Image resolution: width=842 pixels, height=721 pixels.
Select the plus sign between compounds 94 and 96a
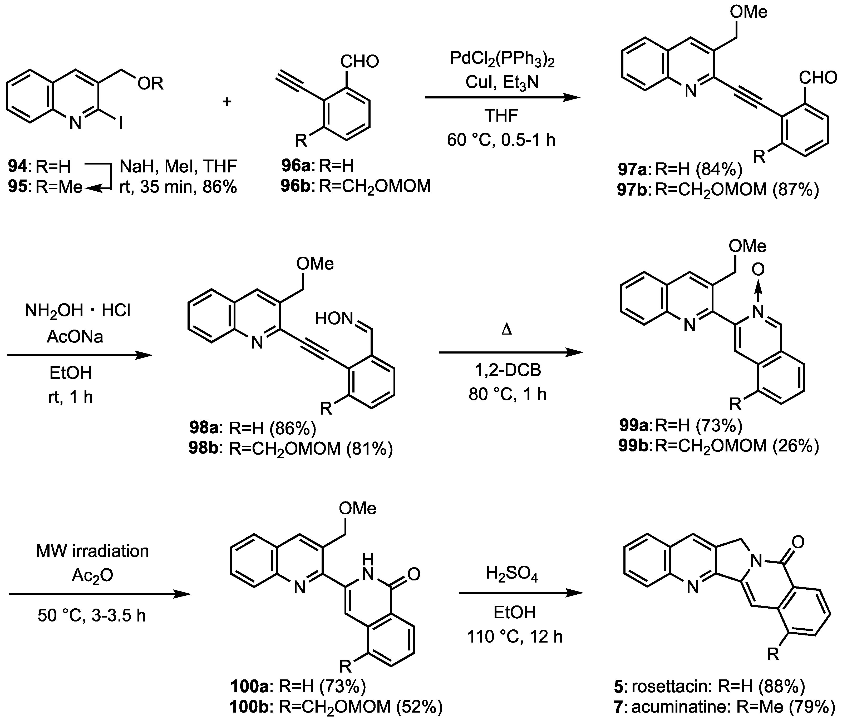click(227, 101)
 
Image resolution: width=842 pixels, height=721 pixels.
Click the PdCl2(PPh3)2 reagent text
click(502, 59)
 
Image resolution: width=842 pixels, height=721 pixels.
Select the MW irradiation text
click(93, 551)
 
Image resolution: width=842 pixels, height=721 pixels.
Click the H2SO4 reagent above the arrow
click(512, 575)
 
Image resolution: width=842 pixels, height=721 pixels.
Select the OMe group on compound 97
click(748, 12)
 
